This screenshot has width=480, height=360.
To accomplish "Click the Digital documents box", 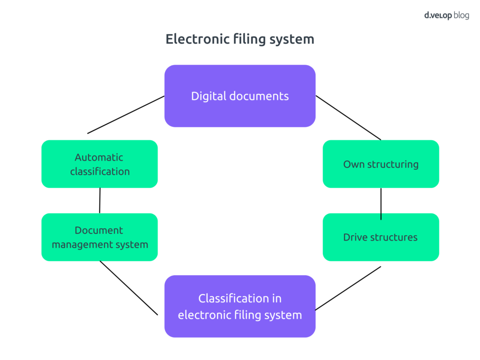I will coord(240,96).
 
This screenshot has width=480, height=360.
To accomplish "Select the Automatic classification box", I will coord(99,164).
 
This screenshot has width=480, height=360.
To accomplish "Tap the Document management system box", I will coord(99,237).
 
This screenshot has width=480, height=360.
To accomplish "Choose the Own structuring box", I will coord(381,164).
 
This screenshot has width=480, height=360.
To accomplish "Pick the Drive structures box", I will coord(381,237).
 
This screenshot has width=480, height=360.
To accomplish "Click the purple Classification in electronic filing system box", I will coord(240,306).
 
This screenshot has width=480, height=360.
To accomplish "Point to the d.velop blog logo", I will coord(446,15).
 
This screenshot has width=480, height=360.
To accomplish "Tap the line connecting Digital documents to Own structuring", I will coord(348,118).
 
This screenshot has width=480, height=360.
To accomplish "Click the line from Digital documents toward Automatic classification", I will coord(126,115).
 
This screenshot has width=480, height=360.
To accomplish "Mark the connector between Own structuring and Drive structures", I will coord(381,203).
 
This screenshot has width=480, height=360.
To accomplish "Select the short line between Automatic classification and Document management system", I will coord(100,201).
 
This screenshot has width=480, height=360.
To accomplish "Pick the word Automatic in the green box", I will coord(99,157).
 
